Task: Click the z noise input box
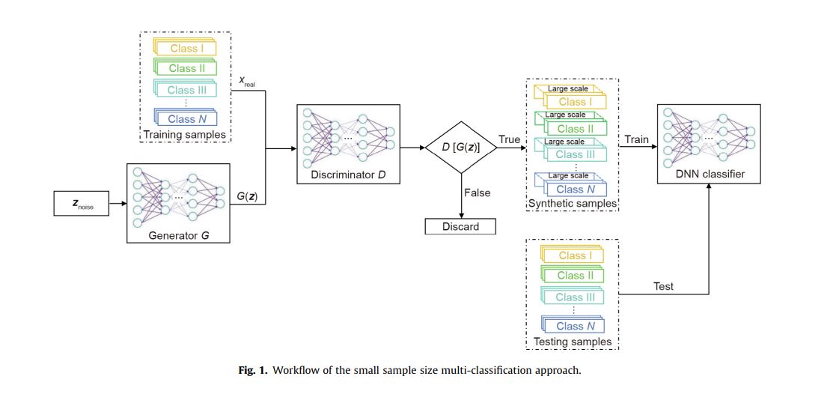[80, 201]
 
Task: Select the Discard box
[461, 225]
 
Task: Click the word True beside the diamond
[510, 140]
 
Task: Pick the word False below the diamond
[477, 193]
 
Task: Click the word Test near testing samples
[663, 286]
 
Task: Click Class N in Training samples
[186, 118]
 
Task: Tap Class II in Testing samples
[575, 276]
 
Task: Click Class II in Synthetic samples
[575, 129]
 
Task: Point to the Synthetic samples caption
[573, 203]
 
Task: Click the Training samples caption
[184, 135]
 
